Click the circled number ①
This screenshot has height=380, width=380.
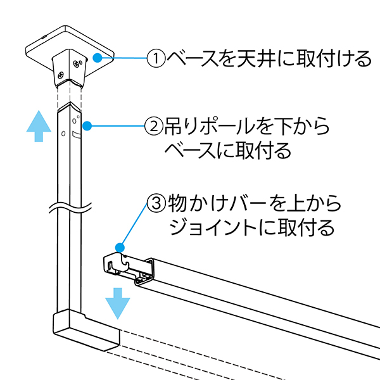click(x=156, y=58)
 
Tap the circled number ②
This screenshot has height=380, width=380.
click(x=154, y=126)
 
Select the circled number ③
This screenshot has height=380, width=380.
click(x=156, y=203)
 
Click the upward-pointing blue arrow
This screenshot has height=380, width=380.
click(x=39, y=126)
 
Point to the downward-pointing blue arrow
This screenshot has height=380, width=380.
click(x=118, y=303)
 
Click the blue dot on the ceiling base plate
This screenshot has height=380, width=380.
click(x=98, y=58)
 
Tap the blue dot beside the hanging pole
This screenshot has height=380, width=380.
click(x=87, y=126)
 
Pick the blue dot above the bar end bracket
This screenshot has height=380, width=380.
click(x=120, y=248)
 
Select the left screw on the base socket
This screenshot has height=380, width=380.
click(x=60, y=75)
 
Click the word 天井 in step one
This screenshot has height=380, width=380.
click(x=256, y=58)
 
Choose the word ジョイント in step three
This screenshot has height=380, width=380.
click(x=213, y=227)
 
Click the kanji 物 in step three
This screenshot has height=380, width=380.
click(x=177, y=203)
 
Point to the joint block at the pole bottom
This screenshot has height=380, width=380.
click(x=87, y=329)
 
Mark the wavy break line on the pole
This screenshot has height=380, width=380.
click(x=70, y=208)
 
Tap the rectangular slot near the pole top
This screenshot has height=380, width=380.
click(x=77, y=135)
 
